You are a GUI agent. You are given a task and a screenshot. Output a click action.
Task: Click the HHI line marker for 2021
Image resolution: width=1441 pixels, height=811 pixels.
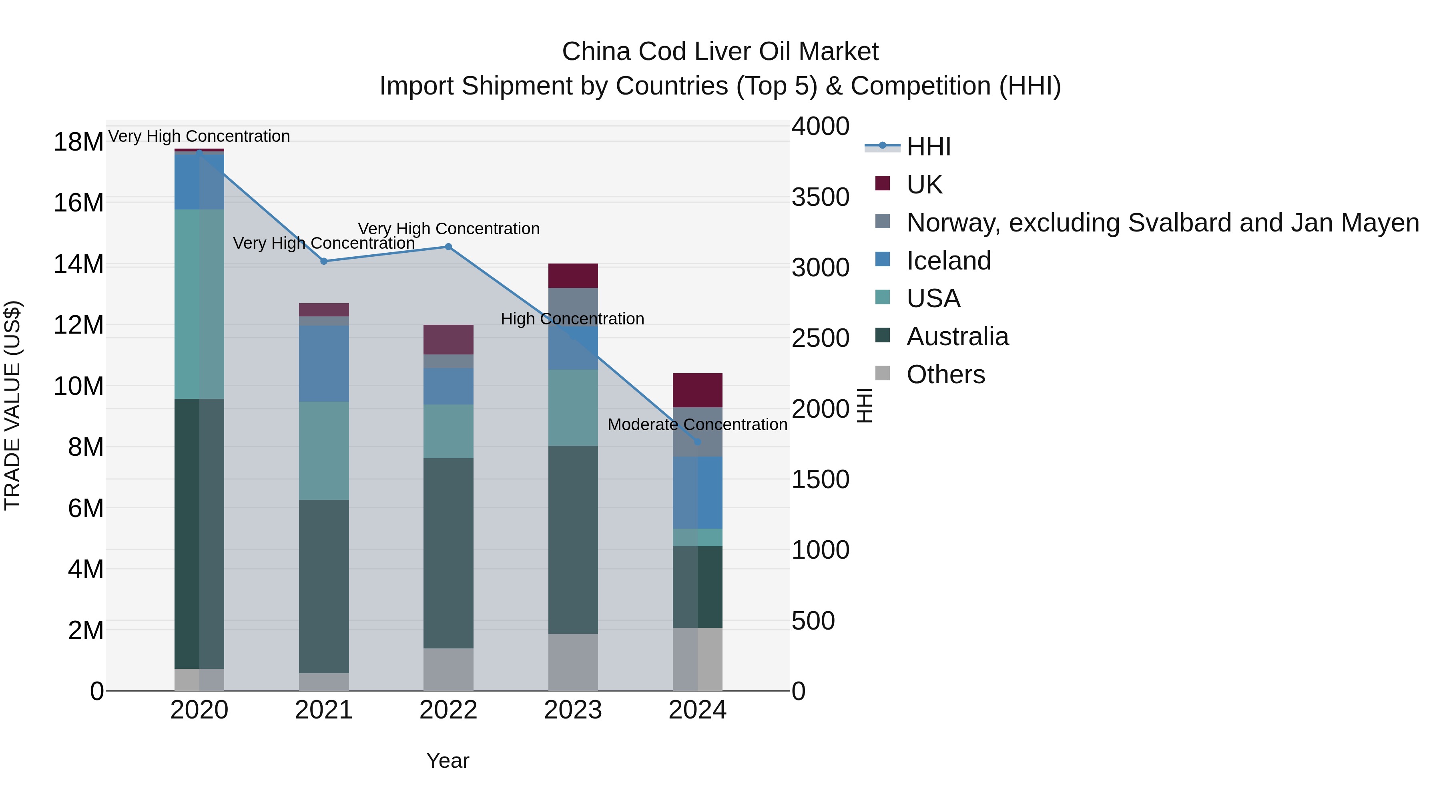click(323, 262)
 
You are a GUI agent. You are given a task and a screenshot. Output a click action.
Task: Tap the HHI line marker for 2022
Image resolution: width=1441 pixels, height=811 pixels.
click(448, 247)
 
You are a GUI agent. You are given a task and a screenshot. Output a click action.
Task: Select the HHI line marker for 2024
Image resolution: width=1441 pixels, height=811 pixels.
click(698, 442)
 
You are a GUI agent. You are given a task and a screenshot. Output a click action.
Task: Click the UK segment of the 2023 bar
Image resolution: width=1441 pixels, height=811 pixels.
click(573, 276)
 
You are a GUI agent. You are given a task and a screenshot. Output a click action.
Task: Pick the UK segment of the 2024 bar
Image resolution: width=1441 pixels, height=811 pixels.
click(698, 390)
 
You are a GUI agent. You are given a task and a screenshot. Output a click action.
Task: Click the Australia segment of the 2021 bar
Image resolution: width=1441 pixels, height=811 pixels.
click(323, 586)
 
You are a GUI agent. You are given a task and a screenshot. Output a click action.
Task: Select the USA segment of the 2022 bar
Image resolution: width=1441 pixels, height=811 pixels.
click(448, 431)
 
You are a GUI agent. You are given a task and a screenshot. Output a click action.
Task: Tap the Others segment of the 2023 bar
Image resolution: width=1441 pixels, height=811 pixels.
click(573, 662)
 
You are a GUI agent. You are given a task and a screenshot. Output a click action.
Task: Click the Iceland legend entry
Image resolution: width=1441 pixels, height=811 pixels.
click(948, 261)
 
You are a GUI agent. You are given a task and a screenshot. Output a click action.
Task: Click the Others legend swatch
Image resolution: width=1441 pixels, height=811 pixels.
click(882, 373)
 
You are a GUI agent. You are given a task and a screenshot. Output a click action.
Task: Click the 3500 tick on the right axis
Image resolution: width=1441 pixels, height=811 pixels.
click(820, 197)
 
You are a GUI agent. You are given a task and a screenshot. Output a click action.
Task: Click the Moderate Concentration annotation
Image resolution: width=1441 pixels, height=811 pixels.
click(698, 425)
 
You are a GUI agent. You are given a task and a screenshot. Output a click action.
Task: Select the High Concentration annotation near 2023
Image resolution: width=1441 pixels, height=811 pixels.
click(572, 319)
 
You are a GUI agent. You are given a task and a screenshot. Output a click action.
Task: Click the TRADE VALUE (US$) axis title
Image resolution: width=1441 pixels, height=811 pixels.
click(13, 405)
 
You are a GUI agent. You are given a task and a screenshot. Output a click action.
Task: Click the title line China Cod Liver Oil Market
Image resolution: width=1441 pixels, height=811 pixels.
click(720, 52)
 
